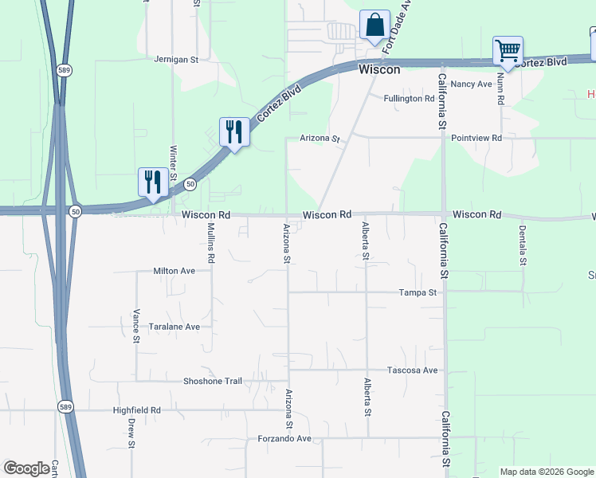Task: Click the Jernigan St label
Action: pos(175,60)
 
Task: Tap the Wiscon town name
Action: pos(379,70)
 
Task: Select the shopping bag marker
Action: pos(374,25)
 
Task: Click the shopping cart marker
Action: pos(508,52)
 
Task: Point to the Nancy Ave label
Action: pos(472,84)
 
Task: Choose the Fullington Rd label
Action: pos(409,99)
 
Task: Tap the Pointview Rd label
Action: pos(476,138)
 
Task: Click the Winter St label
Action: pos(173,163)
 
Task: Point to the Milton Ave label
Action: pos(174,271)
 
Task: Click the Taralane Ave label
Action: pos(174,327)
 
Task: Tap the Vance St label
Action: pos(136,327)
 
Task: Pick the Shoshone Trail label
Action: pos(213,381)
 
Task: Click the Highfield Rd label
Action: pos(137,410)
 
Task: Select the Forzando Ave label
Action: pos(284,439)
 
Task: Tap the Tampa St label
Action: pos(418,292)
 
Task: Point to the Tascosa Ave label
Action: pos(413,370)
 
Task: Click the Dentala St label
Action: pos(523,245)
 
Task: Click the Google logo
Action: pos(26,468)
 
